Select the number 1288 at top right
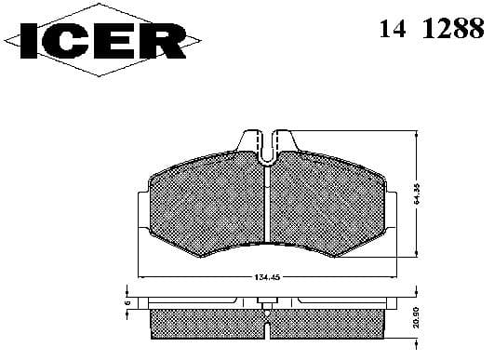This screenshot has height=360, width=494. tap(457, 29)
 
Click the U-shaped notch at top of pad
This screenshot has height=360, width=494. tap(265, 145)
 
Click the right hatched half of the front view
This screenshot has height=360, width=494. tap(326, 209)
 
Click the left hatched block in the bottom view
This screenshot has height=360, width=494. tap(205, 322)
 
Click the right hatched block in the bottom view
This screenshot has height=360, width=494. tap(326, 322)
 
